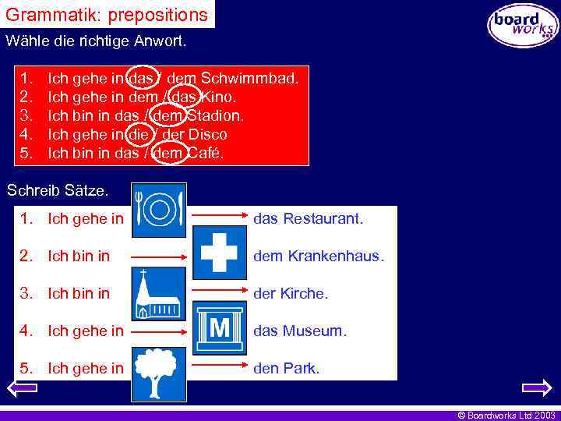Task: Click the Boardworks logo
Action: coord(523,25)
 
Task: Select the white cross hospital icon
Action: coord(219,253)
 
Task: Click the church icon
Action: coord(159,294)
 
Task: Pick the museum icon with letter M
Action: coord(219,329)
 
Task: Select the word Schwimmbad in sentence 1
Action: coord(249,79)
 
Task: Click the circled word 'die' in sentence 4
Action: coord(138,135)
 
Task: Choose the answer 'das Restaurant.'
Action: coord(308,219)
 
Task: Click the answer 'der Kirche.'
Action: coord(291,294)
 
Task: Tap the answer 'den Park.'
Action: coord(287,369)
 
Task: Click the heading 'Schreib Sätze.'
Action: coord(58,189)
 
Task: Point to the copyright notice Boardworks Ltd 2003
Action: coord(506,416)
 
